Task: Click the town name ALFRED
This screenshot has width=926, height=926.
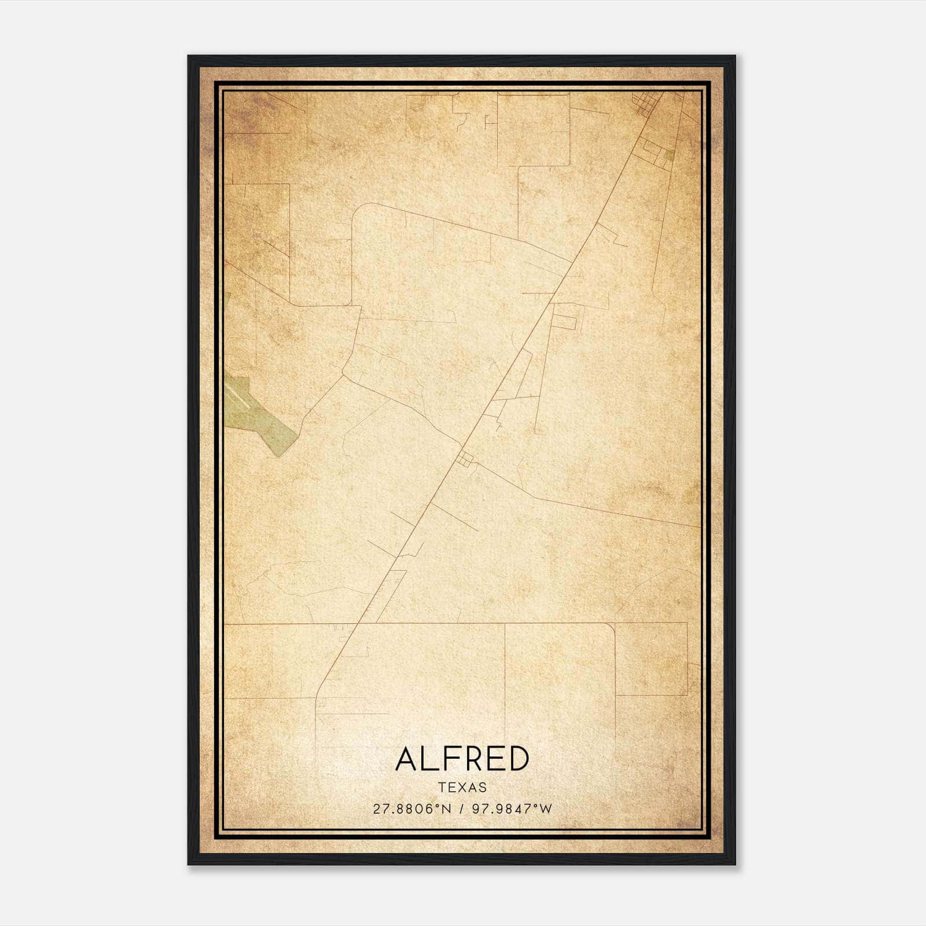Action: click(462, 759)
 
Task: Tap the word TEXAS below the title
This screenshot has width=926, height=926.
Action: click(462, 788)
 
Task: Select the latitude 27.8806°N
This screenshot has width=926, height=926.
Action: click(411, 809)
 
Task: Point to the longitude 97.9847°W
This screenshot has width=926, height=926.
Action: click(512, 809)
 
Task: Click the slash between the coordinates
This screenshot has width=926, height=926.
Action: click(461, 809)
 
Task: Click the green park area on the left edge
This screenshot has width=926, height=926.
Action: click(258, 414)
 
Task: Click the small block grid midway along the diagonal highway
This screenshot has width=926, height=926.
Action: click(464, 460)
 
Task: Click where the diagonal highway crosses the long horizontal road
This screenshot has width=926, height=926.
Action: click(357, 624)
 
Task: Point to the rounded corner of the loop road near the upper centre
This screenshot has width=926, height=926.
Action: click(362, 212)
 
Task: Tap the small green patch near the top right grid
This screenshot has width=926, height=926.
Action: click(668, 155)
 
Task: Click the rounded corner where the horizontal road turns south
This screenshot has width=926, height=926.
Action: click(609, 627)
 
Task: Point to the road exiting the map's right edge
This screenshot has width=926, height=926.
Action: click(697, 526)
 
